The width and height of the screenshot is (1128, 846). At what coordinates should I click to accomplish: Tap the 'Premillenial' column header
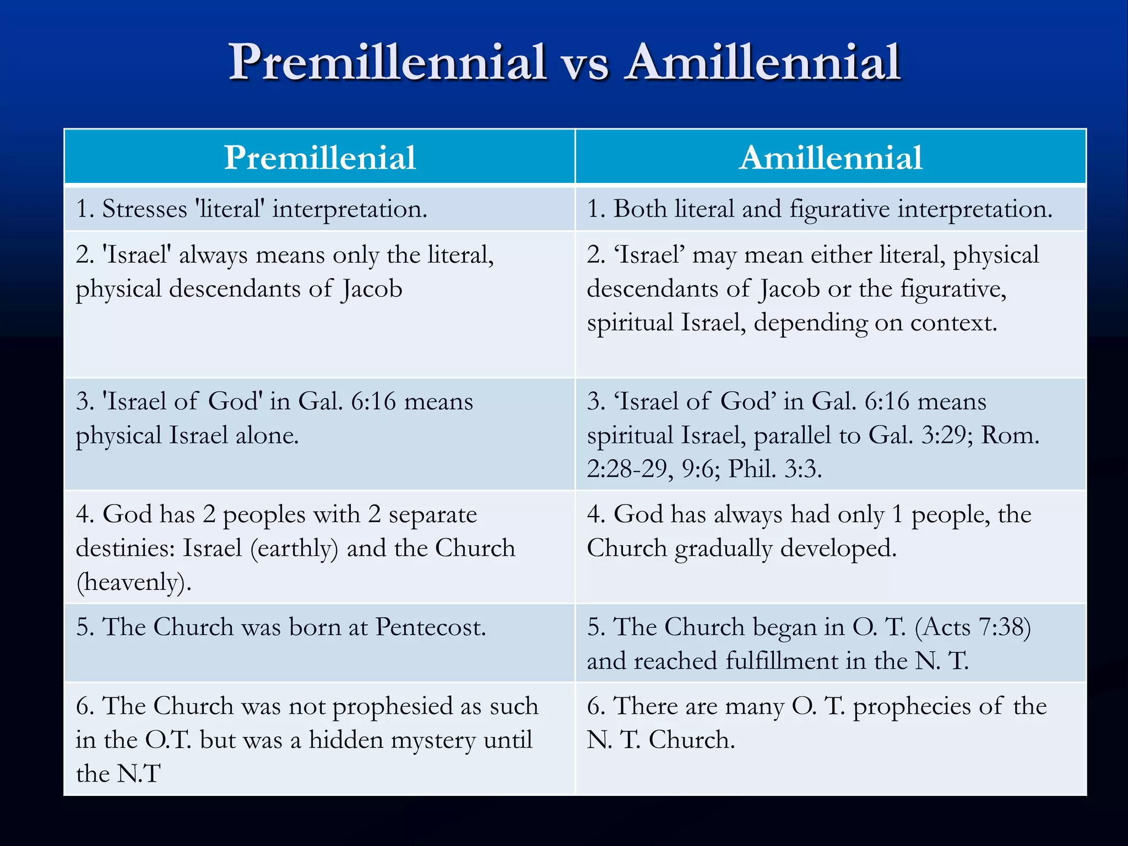pyautogui.click(x=319, y=158)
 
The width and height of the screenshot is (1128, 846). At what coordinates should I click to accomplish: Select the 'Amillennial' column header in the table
pyautogui.click(x=831, y=158)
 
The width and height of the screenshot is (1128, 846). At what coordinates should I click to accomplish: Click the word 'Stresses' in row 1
pyautogui.click(x=144, y=209)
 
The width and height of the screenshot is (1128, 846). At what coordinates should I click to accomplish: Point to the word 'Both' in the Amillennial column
pyautogui.click(x=641, y=209)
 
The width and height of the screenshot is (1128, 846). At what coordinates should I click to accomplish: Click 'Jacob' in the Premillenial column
pyautogui.click(x=372, y=289)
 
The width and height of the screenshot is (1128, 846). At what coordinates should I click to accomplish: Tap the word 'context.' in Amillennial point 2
pyautogui.click(x=953, y=323)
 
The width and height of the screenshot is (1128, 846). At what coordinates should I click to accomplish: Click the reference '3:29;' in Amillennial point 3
pyautogui.click(x=947, y=436)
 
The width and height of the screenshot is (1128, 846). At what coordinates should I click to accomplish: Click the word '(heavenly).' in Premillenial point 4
pyautogui.click(x=134, y=582)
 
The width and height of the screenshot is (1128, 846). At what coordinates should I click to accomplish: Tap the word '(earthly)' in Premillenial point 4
pyautogui.click(x=294, y=549)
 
